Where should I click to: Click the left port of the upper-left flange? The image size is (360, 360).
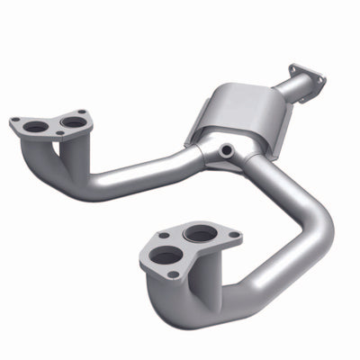click(37, 127)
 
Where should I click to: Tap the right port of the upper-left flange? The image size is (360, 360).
click(74, 121)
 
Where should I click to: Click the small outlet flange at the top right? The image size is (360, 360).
click(305, 76)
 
